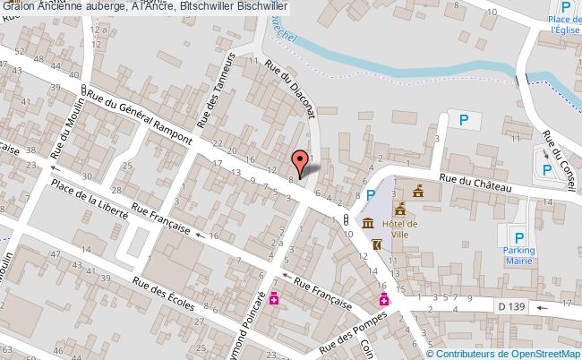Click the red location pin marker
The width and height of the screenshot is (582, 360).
(301, 162)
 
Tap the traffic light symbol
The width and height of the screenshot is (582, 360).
(345, 220)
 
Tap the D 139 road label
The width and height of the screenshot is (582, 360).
(511, 306)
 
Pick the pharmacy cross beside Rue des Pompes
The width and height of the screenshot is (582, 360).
(383, 300)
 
